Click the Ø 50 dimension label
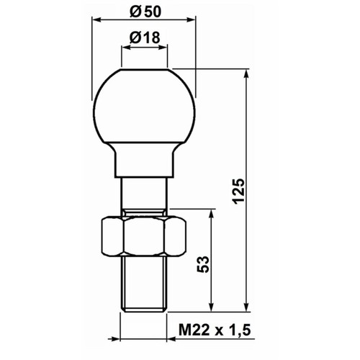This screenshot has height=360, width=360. (x=145, y=12)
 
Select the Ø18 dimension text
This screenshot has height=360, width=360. (x=145, y=37)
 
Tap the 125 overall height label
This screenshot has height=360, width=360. (x=239, y=192)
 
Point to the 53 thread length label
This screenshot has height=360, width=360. (x=203, y=264)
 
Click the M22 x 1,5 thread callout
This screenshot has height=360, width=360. (x=215, y=330)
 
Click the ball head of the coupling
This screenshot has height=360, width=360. (x=144, y=106)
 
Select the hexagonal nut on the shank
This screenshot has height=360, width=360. (x=144, y=236)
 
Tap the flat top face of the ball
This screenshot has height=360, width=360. (x=144, y=70)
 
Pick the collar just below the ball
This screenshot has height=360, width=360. (x=144, y=160)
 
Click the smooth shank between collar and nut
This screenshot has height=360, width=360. (x=144, y=193)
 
